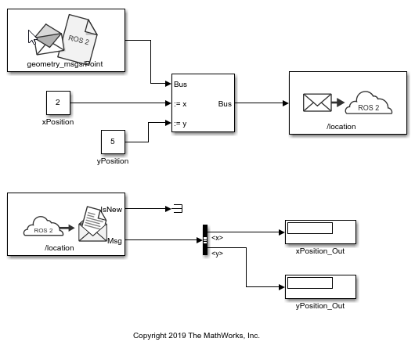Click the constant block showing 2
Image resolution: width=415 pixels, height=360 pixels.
click(x=58, y=103)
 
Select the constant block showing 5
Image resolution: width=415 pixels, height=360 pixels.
click(x=113, y=142)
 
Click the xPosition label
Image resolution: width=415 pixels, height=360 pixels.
click(x=58, y=122)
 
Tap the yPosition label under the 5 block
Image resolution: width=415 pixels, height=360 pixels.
click(x=113, y=161)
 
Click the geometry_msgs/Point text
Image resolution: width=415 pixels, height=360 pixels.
click(x=65, y=64)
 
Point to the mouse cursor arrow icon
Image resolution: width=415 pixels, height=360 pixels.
click(x=32, y=38)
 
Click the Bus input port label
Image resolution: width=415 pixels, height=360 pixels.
click(x=181, y=85)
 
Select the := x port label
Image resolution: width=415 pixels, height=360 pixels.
click(x=180, y=104)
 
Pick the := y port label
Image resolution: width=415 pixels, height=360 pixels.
click(x=180, y=124)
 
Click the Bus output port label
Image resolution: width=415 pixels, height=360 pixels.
click(x=225, y=104)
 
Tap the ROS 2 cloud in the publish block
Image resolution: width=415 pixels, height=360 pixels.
click(x=369, y=103)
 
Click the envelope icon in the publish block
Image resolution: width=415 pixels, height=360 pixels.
click(x=317, y=103)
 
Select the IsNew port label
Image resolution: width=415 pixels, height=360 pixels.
click(x=112, y=210)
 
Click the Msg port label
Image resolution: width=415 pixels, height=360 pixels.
click(x=114, y=241)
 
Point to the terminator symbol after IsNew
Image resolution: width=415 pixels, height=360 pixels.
click(x=178, y=209)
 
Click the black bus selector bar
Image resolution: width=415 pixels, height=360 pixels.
click(x=205, y=240)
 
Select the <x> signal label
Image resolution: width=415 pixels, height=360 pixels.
click(x=218, y=238)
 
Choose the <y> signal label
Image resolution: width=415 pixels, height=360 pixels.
click(x=218, y=254)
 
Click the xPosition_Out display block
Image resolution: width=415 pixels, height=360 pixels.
click(x=320, y=232)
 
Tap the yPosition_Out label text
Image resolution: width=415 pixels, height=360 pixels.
click(x=320, y=306)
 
